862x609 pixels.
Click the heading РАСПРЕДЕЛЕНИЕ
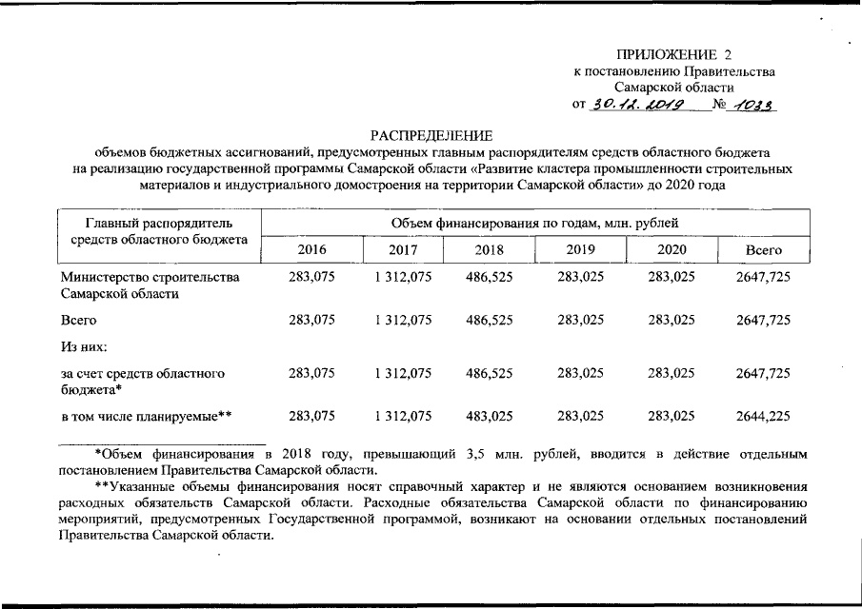coord(431,136)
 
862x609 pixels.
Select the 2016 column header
coord(311,249)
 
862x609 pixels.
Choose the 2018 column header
coord(490,249)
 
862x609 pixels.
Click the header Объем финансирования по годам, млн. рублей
coord(534,224)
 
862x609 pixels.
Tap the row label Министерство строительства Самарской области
coord(150,285)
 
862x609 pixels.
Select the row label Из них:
coord(84,347)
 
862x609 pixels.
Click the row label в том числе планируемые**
coord(147,415)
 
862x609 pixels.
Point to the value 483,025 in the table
coord(489,415)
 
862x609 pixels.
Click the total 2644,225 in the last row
coord(763,415)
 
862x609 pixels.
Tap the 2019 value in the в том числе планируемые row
coord(580,415)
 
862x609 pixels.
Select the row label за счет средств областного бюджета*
coord(143,382)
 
